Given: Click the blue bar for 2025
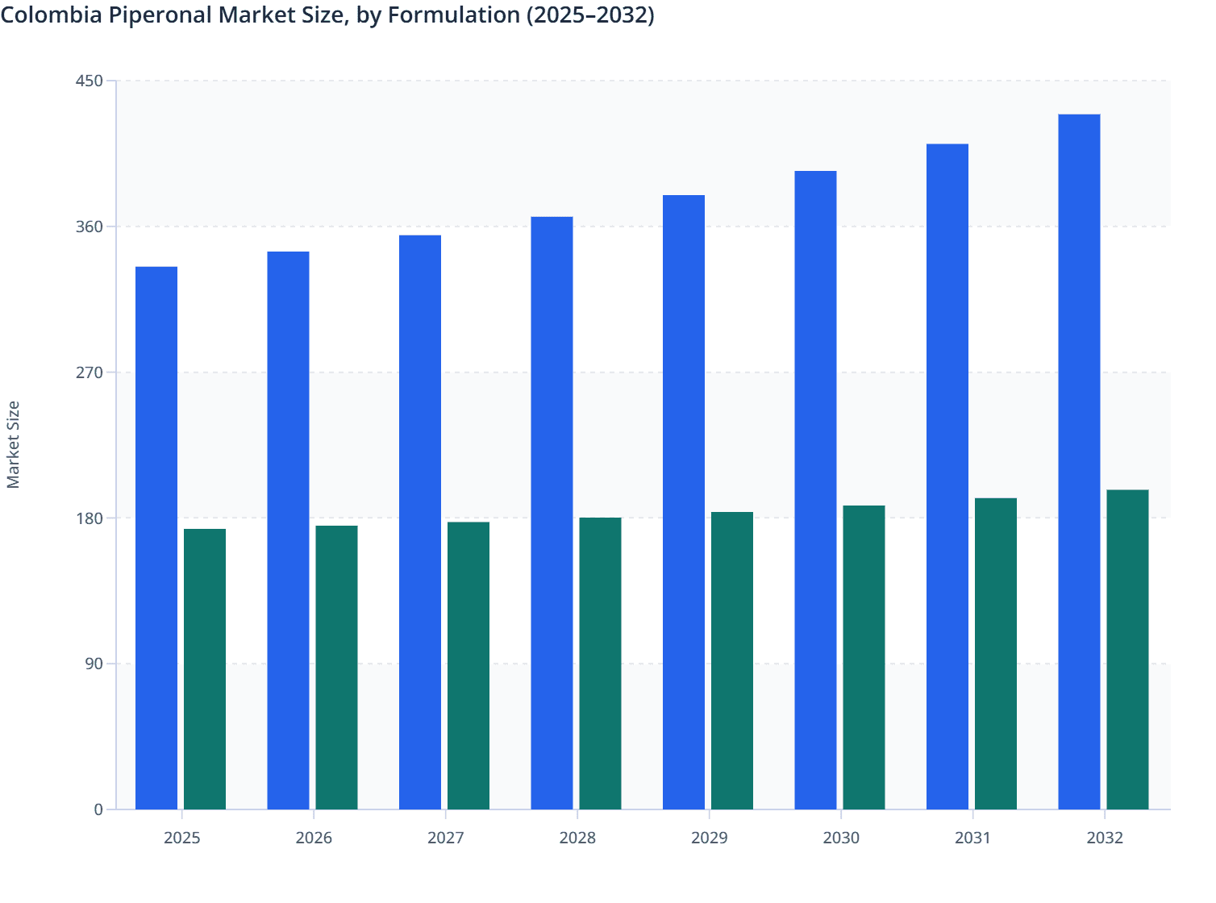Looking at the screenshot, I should [x=156, y=538].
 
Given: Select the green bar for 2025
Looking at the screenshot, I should [x=205, y=669].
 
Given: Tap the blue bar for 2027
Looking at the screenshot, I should [x=420, y=522].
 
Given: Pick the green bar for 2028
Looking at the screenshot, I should [x=600, y=664].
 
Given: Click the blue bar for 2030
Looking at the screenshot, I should [x=815, y=490].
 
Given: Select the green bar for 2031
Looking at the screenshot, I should [x=996, y=654].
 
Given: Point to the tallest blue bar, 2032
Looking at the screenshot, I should [x=1079, y=462].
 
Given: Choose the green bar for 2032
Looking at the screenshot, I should [x=1127, y=650].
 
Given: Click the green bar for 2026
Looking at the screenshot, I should [x=336, y=668].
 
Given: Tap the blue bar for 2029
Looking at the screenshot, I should [x=684, y=502].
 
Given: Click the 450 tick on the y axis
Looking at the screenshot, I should [x=90, y=81].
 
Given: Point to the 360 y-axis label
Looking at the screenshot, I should [x=90, y=227].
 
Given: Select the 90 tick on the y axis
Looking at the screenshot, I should [x=94, y=664].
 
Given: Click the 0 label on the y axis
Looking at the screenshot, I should [x=98, y=809].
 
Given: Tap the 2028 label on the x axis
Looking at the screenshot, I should [x=577, y=838].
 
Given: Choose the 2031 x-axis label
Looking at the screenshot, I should [x=972, y=838].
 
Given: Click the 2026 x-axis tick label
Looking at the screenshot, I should [x=314, y=838].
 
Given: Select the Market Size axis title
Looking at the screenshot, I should [x=14, y=444].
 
